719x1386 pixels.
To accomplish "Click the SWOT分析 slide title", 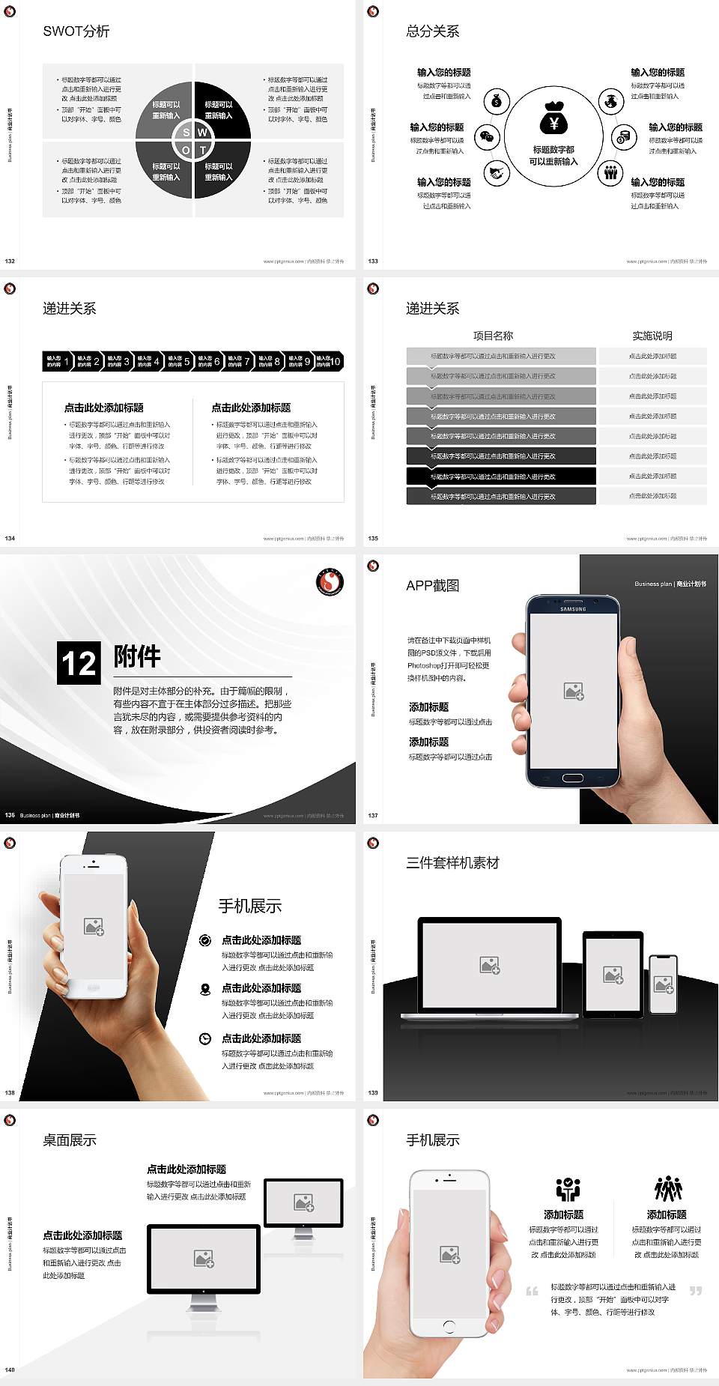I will (76, 31).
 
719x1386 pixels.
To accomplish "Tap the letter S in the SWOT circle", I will (186, 133).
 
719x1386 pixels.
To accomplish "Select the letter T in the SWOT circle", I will (203, 150).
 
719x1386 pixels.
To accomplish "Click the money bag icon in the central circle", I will (553, 118).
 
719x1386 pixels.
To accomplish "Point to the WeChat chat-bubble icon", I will (488, 136).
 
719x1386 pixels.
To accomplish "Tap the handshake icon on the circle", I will (496, 173).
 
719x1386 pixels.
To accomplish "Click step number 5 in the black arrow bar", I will (186, 361).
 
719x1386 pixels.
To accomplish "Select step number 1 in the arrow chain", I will (67, 361).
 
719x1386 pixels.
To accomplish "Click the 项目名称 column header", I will (493, 336).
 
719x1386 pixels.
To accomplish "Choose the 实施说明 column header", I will (652, 336).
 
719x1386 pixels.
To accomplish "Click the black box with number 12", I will (79, 663).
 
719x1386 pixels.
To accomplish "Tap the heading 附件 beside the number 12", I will (137, 656).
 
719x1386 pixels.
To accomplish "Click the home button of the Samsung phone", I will (572, 778).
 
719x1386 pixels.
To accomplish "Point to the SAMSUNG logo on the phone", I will (573, 609).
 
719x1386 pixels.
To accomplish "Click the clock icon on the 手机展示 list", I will (205, 1038).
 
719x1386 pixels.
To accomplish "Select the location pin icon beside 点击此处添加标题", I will (205, 989).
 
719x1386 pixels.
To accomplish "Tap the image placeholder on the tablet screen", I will (613, 975).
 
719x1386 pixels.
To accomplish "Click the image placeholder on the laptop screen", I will (490, 965).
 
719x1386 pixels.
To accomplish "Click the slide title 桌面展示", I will (70, 1140).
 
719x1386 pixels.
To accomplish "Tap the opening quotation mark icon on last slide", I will (532, 1291).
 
